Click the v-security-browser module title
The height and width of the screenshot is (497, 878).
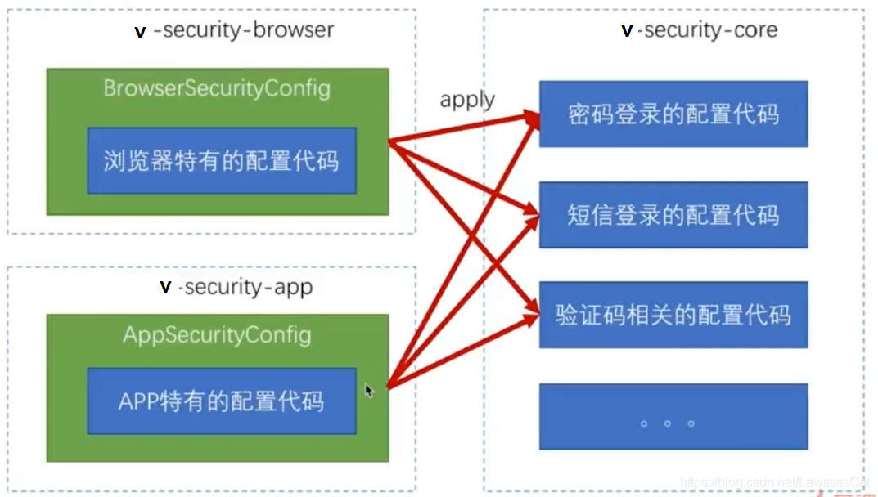point(234,31)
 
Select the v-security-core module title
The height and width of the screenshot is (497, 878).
point(700,31)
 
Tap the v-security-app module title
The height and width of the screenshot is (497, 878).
point(236,288)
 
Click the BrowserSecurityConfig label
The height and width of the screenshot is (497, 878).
point(217,88)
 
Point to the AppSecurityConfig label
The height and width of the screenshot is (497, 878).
point(217,335)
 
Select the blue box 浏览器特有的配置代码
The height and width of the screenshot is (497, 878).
point(221,160)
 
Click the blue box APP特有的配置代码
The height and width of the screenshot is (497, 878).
point(221,401)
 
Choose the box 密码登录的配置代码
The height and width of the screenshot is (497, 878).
point(673,114)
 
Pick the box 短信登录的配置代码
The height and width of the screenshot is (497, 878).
point(673,215)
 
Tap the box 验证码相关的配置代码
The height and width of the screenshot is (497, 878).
point(673,315)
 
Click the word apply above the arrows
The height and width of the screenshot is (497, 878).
point(467,100)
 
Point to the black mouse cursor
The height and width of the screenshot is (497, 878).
point(369,391)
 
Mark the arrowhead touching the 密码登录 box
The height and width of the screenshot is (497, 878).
point(533,117)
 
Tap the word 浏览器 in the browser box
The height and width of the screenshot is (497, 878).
point(138,160)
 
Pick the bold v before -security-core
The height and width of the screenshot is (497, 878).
point(627,31)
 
